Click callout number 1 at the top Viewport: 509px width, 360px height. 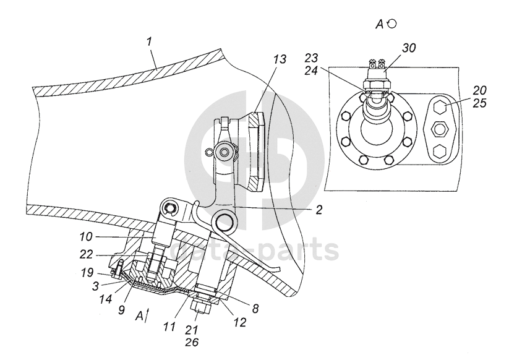[x=150, y=41]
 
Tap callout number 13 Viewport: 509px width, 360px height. [x=280, y=59]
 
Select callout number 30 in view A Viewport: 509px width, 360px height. [x=409, y=48]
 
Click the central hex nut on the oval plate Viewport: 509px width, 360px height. [x=440, y=129]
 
